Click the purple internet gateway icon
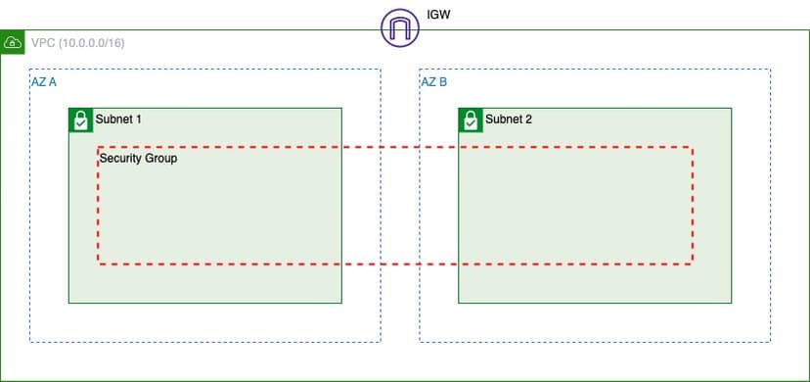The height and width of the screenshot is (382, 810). click(x=400, y=26)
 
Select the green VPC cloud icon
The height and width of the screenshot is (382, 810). click(x=14, y=43)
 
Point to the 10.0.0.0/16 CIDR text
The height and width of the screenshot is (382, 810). click(x=92, y=43)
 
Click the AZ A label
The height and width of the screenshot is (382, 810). click(x=44, y=82)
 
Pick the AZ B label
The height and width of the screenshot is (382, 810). click(x=434, y=82)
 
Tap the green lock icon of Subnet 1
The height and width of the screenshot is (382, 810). click(x=80, y=120)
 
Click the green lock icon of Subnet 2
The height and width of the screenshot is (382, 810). click(x=471, y=120)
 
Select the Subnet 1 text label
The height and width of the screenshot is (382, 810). click(x=118, y=119)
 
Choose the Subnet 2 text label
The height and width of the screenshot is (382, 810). click(x=509, y=119)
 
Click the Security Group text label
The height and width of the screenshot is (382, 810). click(x=139, y=158)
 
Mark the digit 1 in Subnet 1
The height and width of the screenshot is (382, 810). click(x=139, y=119)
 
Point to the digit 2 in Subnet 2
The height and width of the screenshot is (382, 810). click(x=529, y=119)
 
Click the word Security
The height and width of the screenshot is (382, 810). click(x=121, y=158)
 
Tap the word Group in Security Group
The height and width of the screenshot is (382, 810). click(x=161, y=158)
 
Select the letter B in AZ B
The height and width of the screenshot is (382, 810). click(x=443, y=82)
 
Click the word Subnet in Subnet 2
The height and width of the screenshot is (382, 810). click(x=504, y=119)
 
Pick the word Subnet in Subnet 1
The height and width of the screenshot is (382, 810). click(x=113, y=119)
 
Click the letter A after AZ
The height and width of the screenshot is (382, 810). click(x=53, y=82)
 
